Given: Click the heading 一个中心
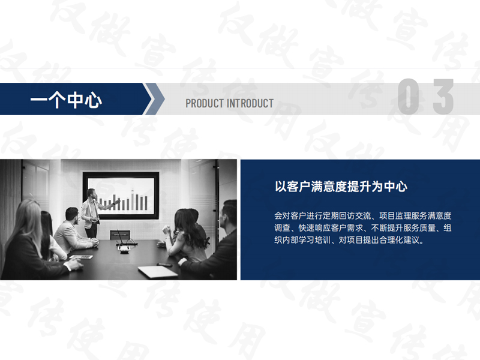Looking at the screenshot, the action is pyautogui.click(x=66, y=100).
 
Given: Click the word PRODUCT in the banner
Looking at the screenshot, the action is pyautogui.click(x=205, y=103).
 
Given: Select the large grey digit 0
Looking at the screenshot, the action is pyautogui.click(x=409, y=97).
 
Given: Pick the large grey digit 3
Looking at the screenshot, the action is pyautogui.click(x=443, y=97).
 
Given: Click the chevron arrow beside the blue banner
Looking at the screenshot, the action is pyautogui.click(x=155, y=99).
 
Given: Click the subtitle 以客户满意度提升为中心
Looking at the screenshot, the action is pyautogui.click(x=341, y=187).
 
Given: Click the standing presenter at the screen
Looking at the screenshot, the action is pyautogui.click(x=91, y=212).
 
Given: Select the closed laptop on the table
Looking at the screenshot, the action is pyautogui.click(x=158, y=272).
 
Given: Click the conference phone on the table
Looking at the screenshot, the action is pyautogui.click(x=124, y=248).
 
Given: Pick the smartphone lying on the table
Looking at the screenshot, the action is pyautogui.click(x=164, y=265).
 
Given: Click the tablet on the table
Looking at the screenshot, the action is pyautogui.click(x=81, y=257).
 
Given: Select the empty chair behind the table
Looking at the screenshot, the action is pyautogui.click(x=120, y=235).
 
